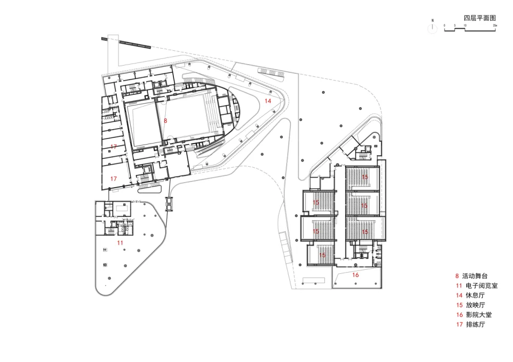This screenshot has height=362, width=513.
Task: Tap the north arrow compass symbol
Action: point(432,29)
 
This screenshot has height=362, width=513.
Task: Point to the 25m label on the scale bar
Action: point(495,25)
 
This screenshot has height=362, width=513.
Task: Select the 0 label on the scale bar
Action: point(445,25)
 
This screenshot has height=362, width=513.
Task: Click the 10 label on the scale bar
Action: point(465,25)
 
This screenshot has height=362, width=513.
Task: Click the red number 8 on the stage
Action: point(165,120)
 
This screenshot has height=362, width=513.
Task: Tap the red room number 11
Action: point(120,242)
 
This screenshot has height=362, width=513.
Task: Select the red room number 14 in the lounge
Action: point(268,101)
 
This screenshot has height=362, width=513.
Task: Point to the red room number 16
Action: point(356,275)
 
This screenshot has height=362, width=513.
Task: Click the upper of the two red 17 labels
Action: point(113,147)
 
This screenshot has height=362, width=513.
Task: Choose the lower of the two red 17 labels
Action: point(113,178)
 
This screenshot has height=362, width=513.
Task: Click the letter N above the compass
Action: point(432,21)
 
